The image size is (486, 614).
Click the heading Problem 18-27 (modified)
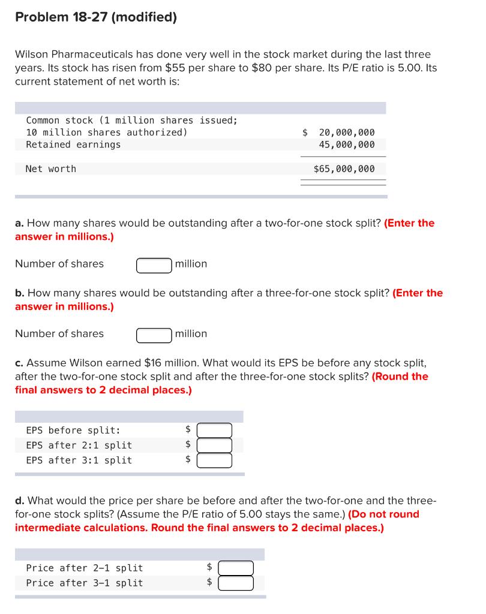click(96, 17)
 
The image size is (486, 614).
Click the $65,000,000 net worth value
click(344, 169)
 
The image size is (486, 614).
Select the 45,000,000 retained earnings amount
click(347, 145)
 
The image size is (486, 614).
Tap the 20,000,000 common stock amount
click(347, 133)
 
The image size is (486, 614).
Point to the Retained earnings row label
click(73, 145)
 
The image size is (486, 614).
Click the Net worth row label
click(51, 169)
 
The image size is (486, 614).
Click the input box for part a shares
click(154, 265)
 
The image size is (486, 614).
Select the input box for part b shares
click(154, 335)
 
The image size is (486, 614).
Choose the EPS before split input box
click(214, 431)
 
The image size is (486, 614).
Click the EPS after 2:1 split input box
click(214, 446)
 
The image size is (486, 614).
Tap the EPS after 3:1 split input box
click(214, 460)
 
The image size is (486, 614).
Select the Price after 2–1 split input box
click(236, 568)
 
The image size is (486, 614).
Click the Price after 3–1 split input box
click(236, 583)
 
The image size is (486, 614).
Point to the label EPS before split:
click(73, 431)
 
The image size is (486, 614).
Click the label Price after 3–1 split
click(85, 583)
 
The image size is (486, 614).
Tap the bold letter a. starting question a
click(20, 223)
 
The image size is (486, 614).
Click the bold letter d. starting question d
click(20, 501)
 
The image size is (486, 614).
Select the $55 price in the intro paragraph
click(175, 68)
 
